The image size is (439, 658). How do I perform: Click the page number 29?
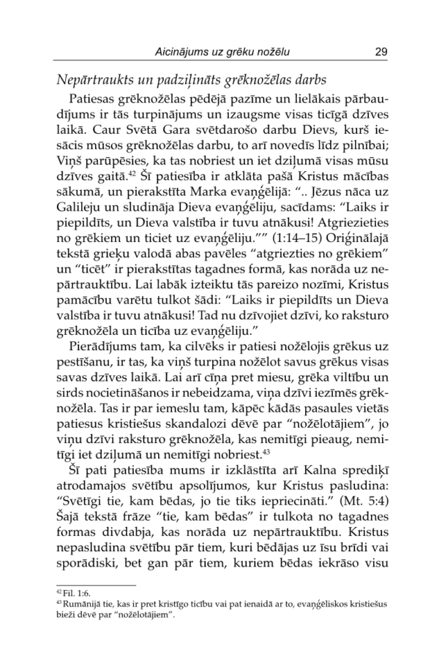tap(380, 52)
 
